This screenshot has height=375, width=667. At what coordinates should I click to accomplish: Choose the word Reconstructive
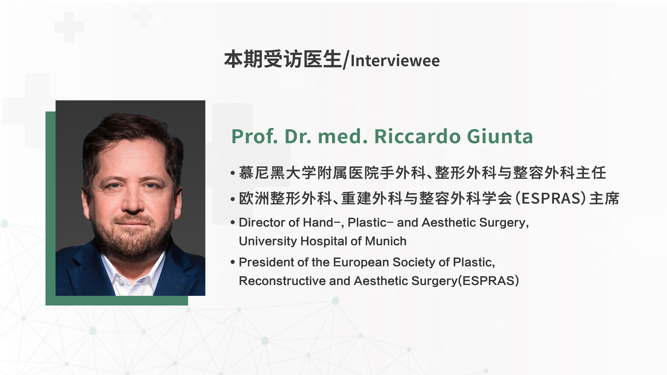(x=282, y=281)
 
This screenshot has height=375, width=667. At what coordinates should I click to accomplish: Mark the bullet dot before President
(x=233, y=262)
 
